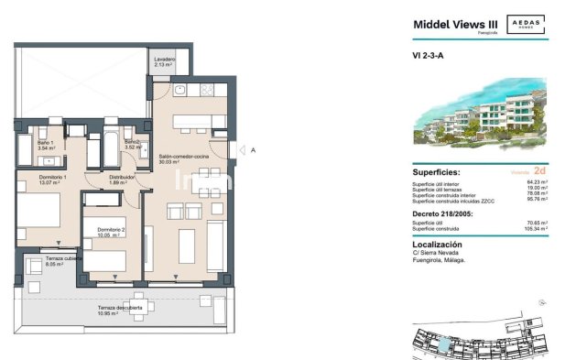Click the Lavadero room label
[166, 61]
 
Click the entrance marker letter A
[252, 149]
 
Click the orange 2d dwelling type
[539, 171]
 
